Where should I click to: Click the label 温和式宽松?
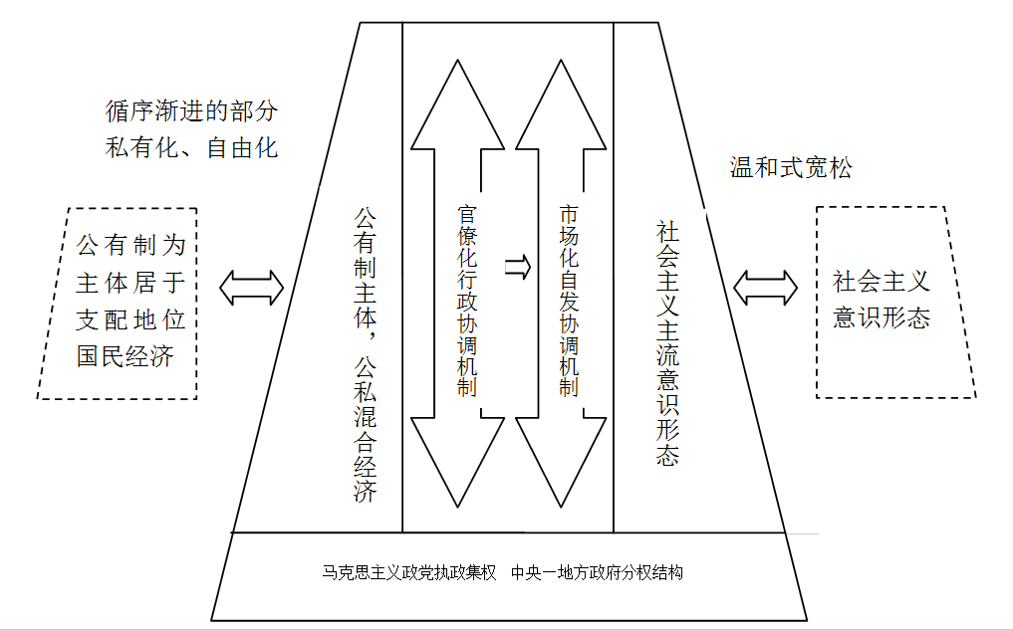(791, 168)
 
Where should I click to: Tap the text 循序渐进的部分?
(192, 111)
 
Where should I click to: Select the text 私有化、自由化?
(192, 148)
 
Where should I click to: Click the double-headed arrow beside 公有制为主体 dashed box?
(251, 288)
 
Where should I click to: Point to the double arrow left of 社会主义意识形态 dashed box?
(766, 288)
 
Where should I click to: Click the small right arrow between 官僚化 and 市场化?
(518, 267)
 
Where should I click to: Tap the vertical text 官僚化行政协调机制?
(467, 301)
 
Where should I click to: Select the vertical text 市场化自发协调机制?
(569, 301)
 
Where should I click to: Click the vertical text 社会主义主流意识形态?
(667, 342)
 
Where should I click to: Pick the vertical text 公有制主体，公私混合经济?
(365, 354)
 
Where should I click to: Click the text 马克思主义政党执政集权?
(409, 572)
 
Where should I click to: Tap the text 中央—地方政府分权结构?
(597, 572)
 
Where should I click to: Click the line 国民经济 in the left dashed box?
(126, 356)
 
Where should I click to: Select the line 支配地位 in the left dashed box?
(131, 319)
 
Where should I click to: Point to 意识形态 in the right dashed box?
(882, 317)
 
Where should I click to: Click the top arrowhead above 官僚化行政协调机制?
(457, 105)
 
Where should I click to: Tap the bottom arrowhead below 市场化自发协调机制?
(561, 462)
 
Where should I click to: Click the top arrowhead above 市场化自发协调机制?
(561, 105)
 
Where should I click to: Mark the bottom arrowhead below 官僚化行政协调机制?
(457, 462)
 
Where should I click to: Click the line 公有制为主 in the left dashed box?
(131, 245)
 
